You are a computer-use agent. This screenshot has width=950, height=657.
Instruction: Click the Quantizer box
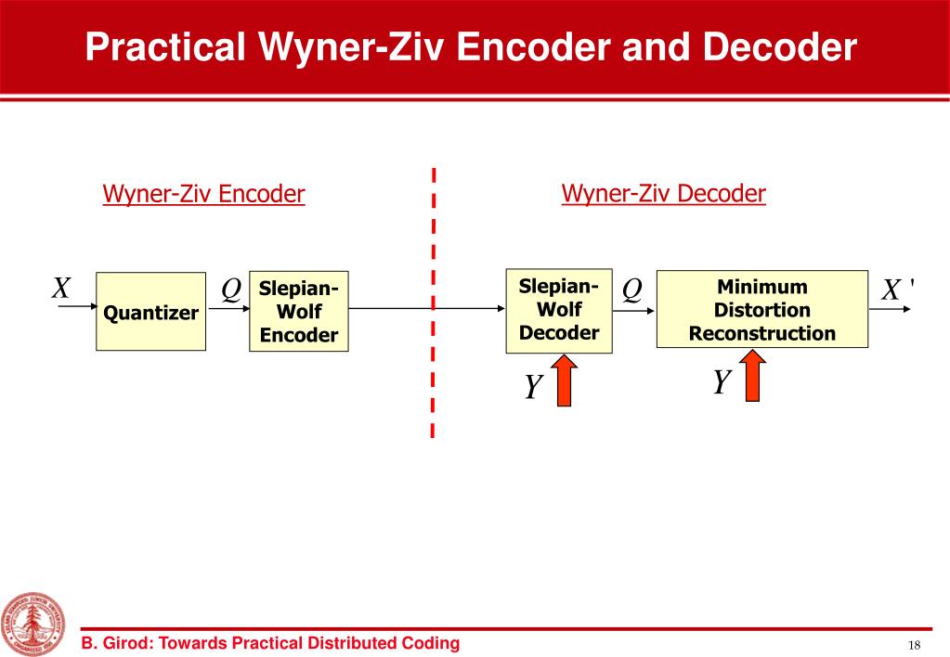[x=150, y=312]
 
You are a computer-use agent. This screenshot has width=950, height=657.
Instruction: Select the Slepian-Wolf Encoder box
[x=299, y=312]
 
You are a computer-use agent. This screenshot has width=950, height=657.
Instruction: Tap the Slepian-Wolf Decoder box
[x=559, y=309]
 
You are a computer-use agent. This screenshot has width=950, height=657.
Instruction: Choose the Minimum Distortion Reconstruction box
[x=761, y=309]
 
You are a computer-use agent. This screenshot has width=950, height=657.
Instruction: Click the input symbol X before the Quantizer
[x=61, y=289]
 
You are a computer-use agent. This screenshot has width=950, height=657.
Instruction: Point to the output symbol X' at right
[x=895, y=290]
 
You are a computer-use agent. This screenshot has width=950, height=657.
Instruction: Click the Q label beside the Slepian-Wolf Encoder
[x=231, y=290]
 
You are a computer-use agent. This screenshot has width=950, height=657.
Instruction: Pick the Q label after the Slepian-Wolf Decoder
[x=631, y=290]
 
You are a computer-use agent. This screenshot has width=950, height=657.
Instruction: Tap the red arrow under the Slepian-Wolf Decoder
[x=563, y=383]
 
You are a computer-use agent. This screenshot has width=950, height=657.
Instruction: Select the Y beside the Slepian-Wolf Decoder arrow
[x=532, y=386]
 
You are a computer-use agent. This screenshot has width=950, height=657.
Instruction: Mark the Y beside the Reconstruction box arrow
[x=722, y=381]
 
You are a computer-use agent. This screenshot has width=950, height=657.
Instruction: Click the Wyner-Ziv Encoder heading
[x=203, y=194]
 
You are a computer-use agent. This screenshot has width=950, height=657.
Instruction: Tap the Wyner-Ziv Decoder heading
[x=663, y=193]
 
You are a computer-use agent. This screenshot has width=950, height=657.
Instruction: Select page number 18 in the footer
[x=914, y=645]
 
